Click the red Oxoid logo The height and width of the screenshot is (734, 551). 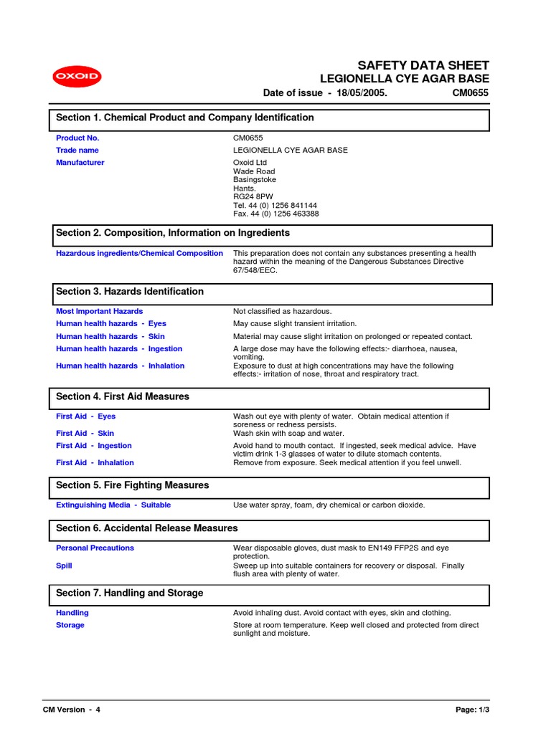76,77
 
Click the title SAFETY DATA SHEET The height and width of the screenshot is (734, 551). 423,65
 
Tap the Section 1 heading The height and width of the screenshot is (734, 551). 185,118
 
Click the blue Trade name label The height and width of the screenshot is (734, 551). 77,151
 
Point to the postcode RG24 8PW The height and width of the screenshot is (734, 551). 253,196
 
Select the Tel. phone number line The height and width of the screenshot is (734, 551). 275,205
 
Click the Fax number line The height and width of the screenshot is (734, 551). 275,214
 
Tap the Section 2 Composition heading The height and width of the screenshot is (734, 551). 173,233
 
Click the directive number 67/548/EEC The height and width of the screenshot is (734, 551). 255,270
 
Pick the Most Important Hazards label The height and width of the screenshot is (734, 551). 99,311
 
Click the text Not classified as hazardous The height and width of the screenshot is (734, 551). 282,311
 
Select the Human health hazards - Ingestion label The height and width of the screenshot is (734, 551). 119,349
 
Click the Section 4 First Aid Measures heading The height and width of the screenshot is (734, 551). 123,396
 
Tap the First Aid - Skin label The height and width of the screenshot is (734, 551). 85,433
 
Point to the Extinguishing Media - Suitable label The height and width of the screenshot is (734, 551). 113,505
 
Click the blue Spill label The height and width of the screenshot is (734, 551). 64,566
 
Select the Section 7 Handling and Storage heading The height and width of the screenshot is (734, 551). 130,594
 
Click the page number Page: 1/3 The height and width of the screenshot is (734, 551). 475,710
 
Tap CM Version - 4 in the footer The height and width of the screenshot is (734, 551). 72,710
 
